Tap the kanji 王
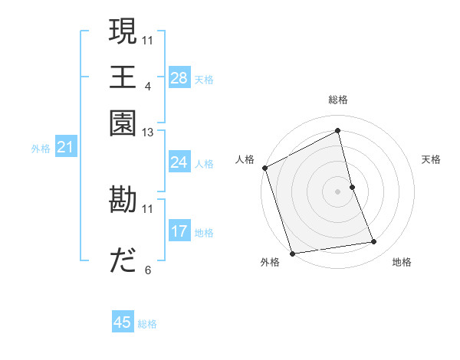click(123, 77)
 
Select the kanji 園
click(123, 123)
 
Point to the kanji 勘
click(123, 200)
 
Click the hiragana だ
click(123, 261)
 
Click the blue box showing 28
click(179, 77)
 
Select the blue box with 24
click(179, 162)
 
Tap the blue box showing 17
click(179, 231)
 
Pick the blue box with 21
click(64, 147)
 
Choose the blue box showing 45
click(123, 322)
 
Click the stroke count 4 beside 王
click(147, 86)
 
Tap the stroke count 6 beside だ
click(147, 270)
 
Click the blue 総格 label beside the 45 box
click(147, 324)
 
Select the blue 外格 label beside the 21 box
click(41, 149)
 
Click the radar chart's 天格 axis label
click(431, 159)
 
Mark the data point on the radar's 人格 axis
click(264, 168)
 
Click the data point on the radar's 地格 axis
click(374, 242)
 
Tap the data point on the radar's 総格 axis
click(338, 130)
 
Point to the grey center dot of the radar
click(338, 191)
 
